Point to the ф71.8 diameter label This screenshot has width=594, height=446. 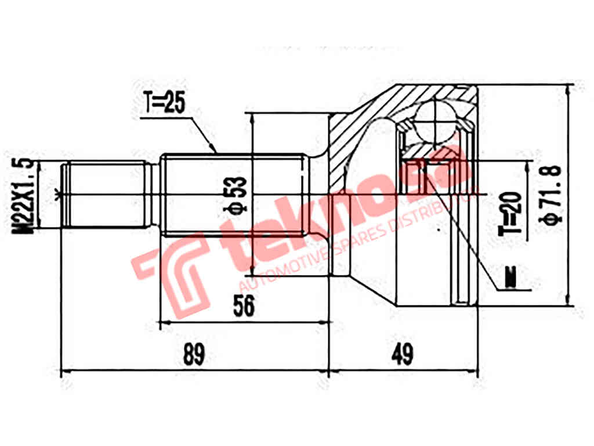tap(551, 195)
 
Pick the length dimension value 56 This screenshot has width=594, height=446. tap(243, 306)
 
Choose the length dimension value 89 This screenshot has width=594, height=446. tap(194, 354)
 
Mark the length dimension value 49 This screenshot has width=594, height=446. tap(401, 354)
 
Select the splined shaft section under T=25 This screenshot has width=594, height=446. tap(232, 195)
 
